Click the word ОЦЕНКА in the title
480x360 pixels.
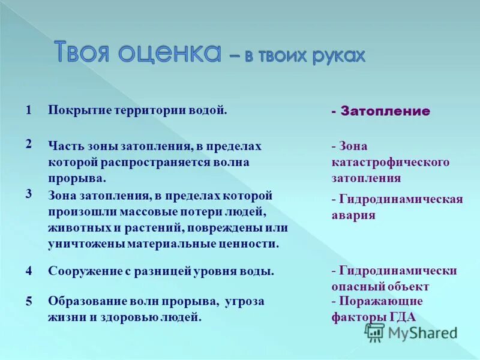point(170,52)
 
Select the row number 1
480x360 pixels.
point(28,110)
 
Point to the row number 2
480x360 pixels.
point(28,143)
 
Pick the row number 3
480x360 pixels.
point(28,193)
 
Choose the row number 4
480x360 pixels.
point(28,271)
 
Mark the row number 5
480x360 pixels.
point(28,302)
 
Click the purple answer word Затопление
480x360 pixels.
point(385,111)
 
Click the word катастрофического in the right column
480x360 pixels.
point(390,163)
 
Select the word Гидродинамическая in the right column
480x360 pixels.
point(401,200)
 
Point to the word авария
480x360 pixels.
point(353,215)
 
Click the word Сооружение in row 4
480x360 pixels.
point(83,271)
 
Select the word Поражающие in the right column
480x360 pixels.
point(380,301)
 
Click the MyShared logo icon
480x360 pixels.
point(375,332)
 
